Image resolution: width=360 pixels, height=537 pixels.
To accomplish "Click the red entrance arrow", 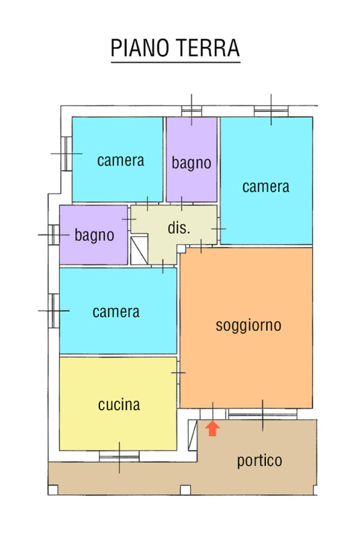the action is [212, 428].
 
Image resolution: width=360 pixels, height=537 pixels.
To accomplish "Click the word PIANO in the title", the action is [140, 48].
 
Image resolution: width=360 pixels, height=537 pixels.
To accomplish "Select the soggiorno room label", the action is [249, 326].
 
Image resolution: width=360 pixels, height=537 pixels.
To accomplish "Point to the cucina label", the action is [119, 405].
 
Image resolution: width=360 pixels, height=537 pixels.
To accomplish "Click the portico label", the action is [260, 461].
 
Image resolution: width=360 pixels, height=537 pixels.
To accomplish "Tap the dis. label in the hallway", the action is [179, 228].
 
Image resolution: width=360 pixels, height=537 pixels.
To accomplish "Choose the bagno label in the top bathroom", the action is [191, 163].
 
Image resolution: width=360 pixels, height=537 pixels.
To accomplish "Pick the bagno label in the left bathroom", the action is [94, 236].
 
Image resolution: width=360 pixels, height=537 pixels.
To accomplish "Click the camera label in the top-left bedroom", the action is [121, 160].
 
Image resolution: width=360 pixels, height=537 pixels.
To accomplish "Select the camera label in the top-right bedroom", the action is [266, 187].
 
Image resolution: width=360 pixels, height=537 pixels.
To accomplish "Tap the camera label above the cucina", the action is [116, 312].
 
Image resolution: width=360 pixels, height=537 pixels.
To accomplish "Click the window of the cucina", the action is [119, 456].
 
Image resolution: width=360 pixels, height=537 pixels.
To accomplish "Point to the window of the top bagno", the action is [191, 111].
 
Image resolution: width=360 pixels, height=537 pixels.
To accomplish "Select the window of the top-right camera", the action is [271, 111].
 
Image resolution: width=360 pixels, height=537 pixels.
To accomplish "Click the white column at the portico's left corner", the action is [53, 490].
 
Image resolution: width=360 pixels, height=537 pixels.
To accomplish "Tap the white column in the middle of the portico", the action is [185, 490].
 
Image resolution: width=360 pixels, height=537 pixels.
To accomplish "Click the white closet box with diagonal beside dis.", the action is [140, 250].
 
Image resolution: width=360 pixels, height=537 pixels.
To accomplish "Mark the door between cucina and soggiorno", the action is [178, 373].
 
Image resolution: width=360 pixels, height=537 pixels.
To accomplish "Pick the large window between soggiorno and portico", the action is [263, 413].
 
